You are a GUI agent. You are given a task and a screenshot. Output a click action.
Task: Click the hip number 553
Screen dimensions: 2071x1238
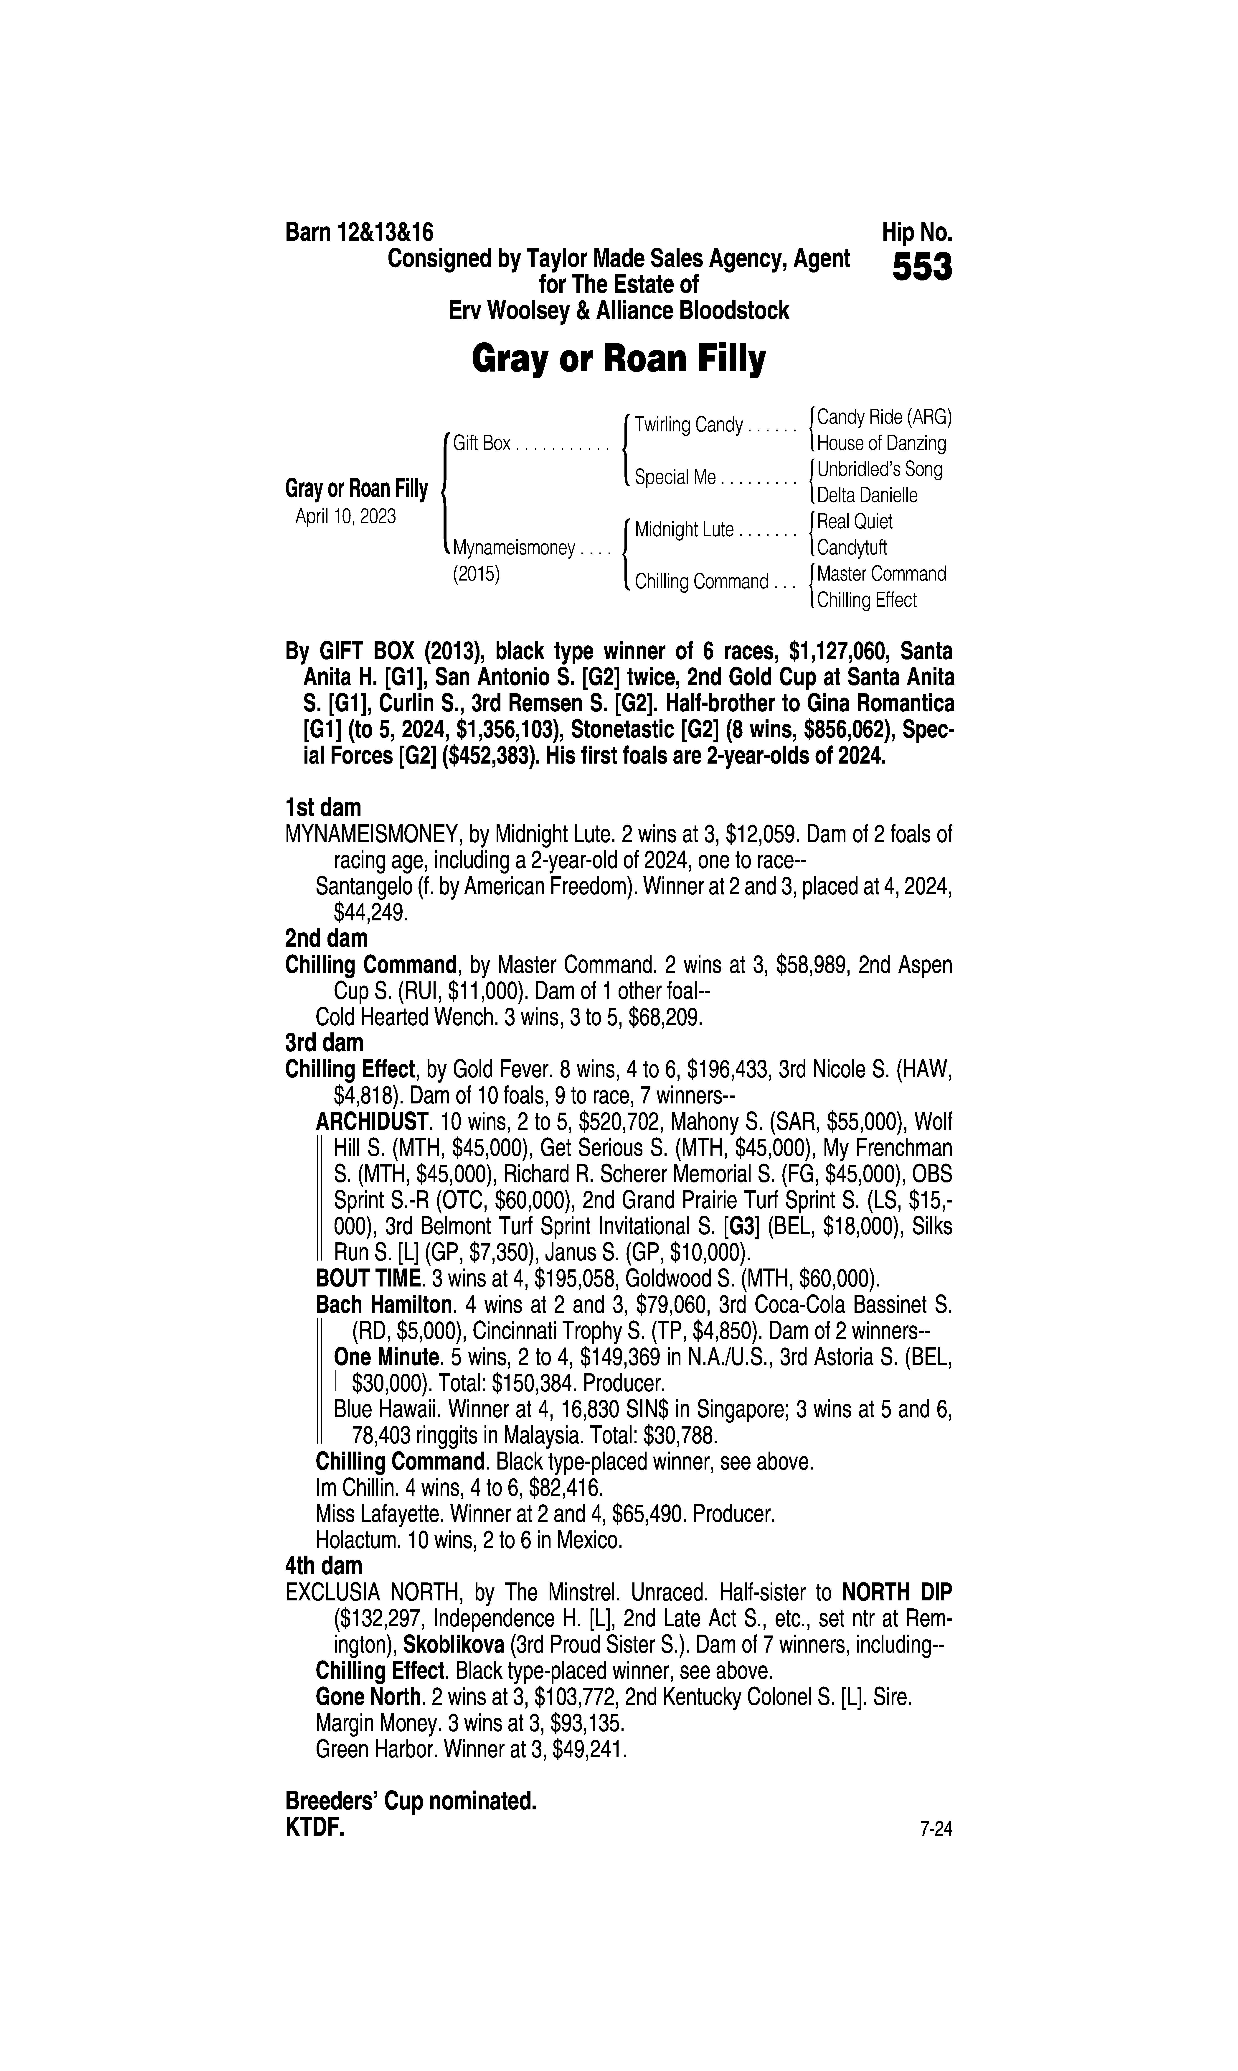pyautogui.click(x=922, y=269)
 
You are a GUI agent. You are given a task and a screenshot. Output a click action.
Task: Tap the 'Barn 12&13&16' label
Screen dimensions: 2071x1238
pyautogui.click(x=360, y=232)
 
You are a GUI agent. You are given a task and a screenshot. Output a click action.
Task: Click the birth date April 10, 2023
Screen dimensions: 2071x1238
pyautogui.click(x=345, y=517)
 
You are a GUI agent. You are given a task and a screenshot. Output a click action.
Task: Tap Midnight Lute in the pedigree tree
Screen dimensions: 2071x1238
pyautogui.click(x=684, y=530)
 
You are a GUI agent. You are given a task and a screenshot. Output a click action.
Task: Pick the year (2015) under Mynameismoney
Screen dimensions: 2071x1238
pyautogui.click(x=476, y=575)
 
